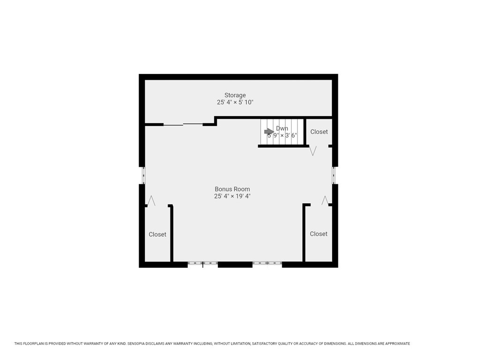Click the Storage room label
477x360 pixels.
click(x=235, y=95)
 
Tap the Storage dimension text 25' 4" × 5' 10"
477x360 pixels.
click(x=235, y=102)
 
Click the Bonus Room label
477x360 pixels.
click(x=232, y=189)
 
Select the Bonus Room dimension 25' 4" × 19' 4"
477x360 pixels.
click(x=232, y=196)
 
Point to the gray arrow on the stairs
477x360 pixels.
click(x=269, y=132)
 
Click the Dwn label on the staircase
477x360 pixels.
click(x=282, y=128)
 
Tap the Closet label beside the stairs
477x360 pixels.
click(x=319, y=132)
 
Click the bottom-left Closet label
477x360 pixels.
click(x=157, y=234)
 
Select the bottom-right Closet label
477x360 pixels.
click(x=319, y=233)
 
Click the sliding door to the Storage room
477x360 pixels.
click(x=183, y=124)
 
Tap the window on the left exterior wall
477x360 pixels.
click(x=143, y=175)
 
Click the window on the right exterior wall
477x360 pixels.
click(x=334, y=175)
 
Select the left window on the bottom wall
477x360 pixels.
click(x=203, y=264)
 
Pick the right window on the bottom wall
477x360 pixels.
click(x=267, y=264)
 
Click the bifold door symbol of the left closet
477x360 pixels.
click(x=151, y=201)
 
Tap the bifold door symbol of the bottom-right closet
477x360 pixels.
click(x=325, y=200)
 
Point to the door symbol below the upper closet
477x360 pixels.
click(x=313, y=151)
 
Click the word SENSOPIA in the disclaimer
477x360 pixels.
click(x=140, y=344)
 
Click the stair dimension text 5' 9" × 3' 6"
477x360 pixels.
click(x=282, y=135)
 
